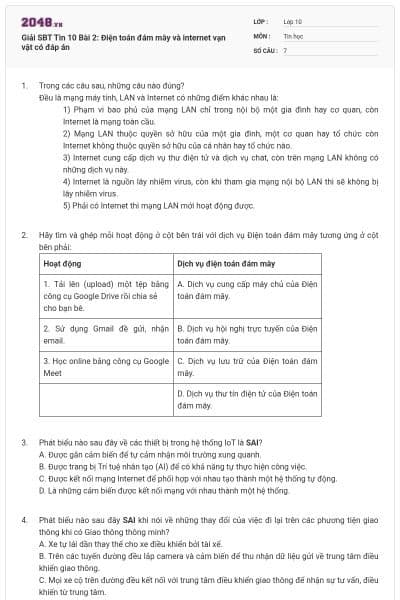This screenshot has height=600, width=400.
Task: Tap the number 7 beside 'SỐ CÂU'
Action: [x=286, y=49]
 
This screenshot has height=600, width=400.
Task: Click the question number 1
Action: [x=23, y=87]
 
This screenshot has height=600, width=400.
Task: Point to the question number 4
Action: [x=23, y=521]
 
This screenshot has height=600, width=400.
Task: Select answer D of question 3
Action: [x=150, y=490]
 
